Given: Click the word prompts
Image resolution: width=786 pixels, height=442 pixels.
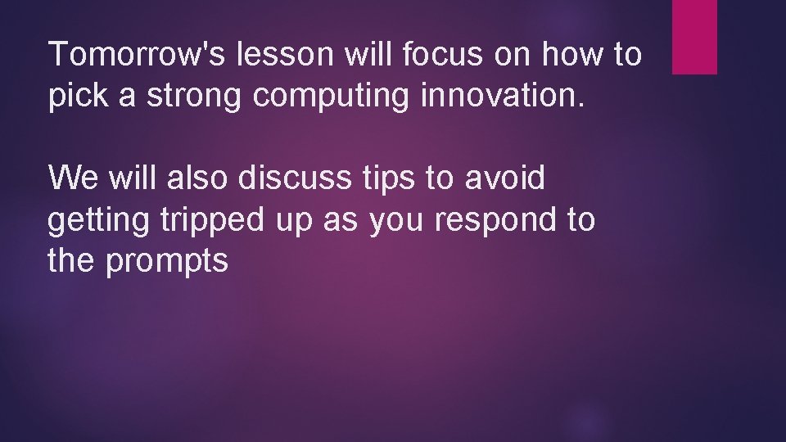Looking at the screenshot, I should [167, 263].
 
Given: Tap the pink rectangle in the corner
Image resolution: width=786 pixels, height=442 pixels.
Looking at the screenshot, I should [694, 37].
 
